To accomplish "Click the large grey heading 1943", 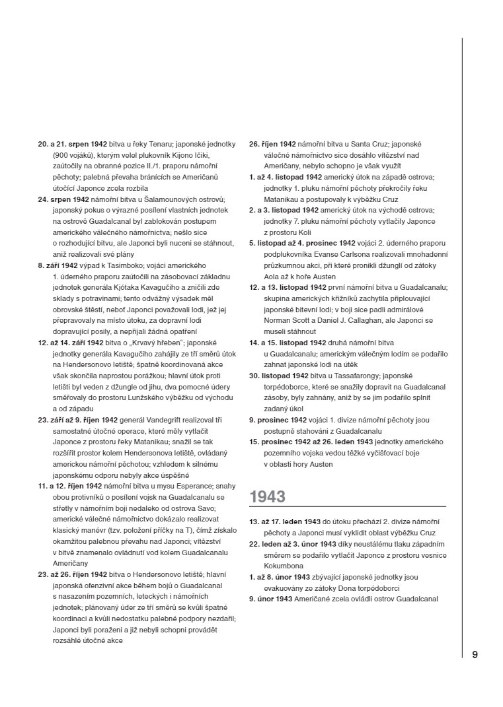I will [x=267, y=496].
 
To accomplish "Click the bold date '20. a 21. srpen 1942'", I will [x=73, y=143].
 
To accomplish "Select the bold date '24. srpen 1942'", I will [x=64, y=199].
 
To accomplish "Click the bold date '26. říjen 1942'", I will [x=273, y=143].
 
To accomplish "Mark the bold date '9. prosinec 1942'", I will [x=278, y=419].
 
